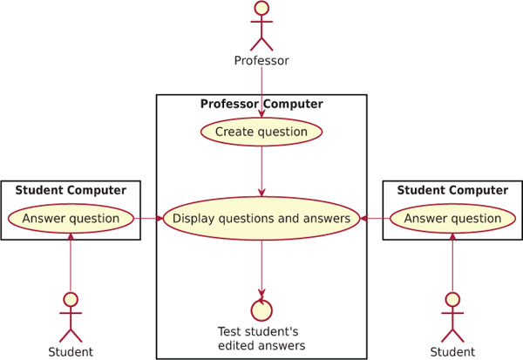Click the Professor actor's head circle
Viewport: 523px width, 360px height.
pos(261,8)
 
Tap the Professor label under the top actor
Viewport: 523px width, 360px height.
pos(261,60)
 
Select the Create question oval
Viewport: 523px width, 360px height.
pos(261,132)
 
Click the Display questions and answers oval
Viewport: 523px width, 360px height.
pos(261,219)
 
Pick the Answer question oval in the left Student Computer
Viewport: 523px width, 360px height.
pos(71,219)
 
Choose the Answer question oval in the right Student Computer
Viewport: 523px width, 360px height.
pos(452,219)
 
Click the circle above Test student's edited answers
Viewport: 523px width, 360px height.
pos(261,310)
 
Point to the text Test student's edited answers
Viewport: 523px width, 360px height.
pos(261,339)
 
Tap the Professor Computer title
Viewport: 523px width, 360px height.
pos(261,104)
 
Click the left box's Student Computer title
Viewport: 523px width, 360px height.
pos(71,190)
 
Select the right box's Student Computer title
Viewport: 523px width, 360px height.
pos(452,190)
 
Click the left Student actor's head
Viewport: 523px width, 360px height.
pos(71,299)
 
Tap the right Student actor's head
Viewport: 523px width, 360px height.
pos(452,299)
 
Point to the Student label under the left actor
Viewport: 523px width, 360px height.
pos(71,352)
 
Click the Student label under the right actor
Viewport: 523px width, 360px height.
pos(452,352)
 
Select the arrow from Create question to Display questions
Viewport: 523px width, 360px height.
pos(261,172)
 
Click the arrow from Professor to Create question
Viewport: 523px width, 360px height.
pos(261,92)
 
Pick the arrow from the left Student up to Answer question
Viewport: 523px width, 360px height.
pos(71,262)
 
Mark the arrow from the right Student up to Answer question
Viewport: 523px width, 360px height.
pos(452,262)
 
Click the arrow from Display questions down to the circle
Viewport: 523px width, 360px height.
pos(261,269)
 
